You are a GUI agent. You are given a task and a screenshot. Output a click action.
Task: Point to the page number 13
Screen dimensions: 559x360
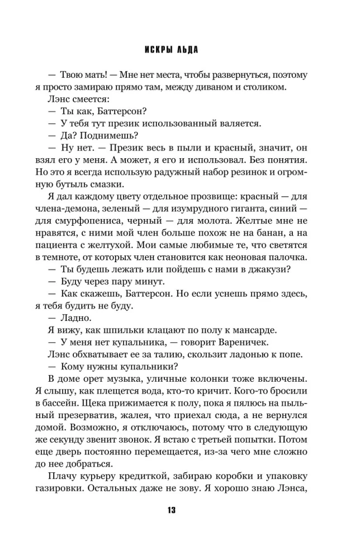point(180,510)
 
